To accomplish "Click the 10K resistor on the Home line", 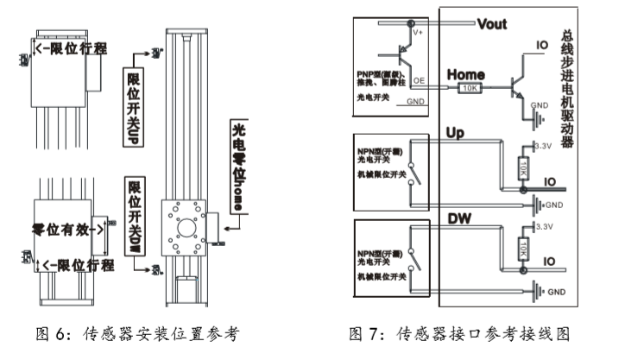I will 470,88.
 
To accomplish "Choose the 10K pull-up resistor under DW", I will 523,250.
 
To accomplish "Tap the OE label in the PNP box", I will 419,79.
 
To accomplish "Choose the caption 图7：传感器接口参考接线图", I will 460,333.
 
